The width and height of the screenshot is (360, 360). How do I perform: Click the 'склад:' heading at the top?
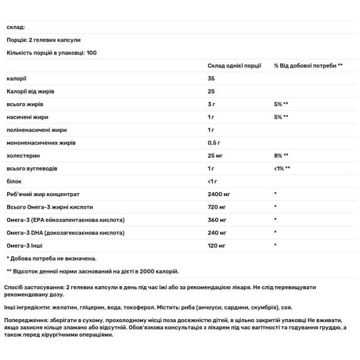(16, 27)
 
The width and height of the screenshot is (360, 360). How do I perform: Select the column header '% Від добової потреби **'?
(308, 65)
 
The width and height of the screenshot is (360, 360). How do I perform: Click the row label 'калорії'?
(17, 79)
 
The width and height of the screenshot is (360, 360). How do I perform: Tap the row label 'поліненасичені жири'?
(37, 130)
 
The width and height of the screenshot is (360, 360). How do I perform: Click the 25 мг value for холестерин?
(216, 155)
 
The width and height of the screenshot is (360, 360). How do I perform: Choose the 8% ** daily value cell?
(281, 155)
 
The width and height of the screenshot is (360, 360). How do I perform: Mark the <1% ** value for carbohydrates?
(283, 169)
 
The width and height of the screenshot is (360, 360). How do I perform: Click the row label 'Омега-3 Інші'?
(26, 245)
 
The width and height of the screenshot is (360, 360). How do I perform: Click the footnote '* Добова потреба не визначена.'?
(52, 258)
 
